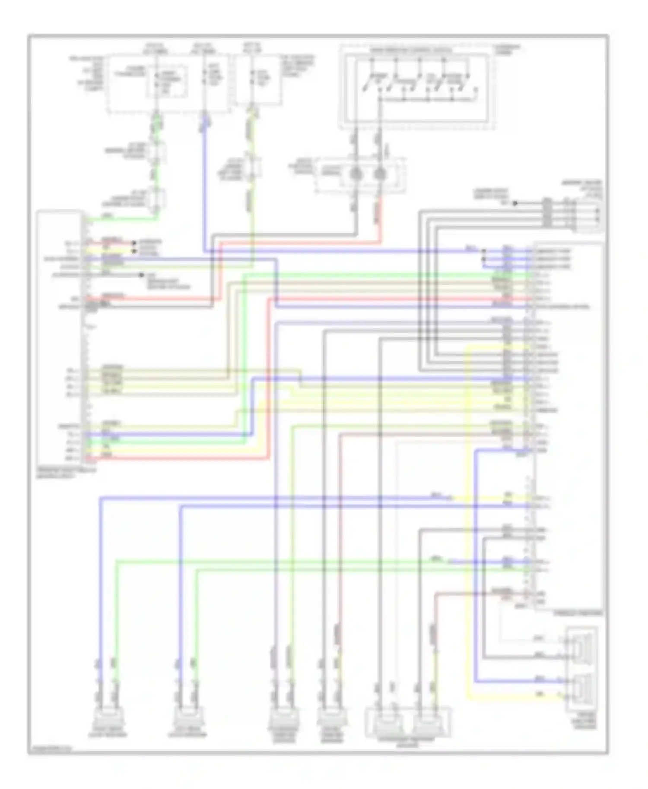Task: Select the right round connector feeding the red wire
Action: (x=380, y=174)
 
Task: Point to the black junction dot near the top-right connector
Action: (x=515, y=203)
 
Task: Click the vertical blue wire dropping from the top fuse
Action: (x=203, y=190)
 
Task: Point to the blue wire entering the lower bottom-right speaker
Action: (x=518, y=682)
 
